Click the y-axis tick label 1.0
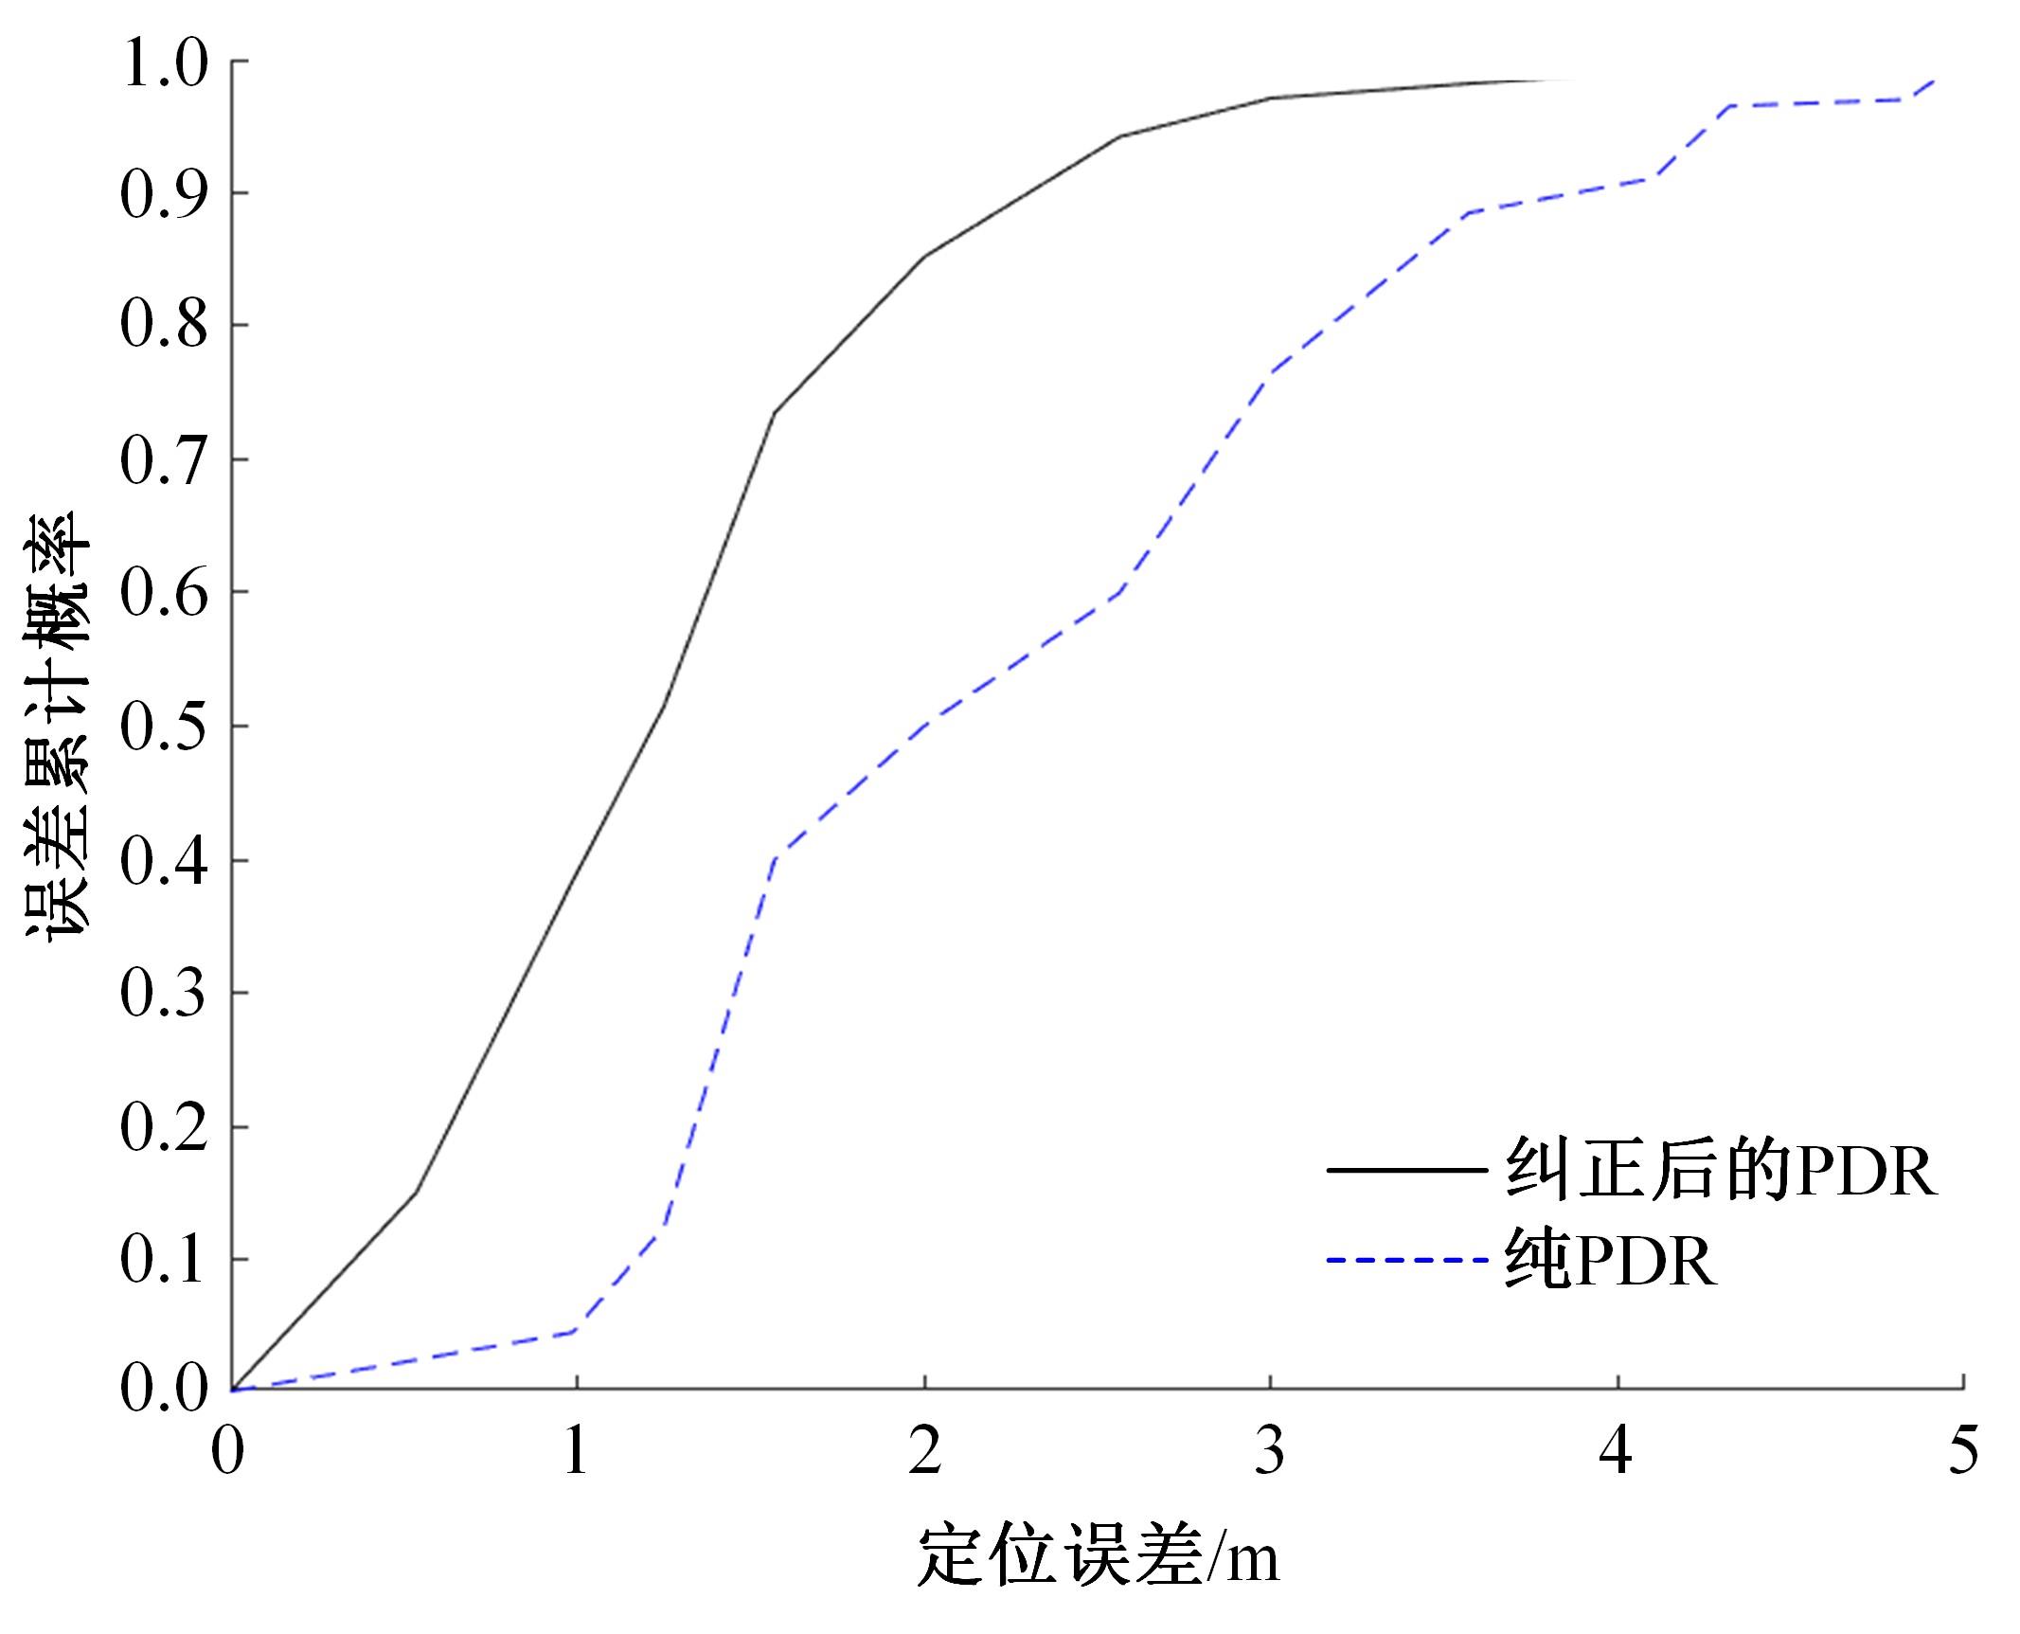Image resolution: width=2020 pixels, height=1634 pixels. coord(164,63)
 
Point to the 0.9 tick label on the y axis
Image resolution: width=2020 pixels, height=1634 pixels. coord(164,194)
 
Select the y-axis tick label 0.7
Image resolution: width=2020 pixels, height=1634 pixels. coord(164,461)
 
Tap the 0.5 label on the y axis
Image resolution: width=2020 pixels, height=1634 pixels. coord(164,727)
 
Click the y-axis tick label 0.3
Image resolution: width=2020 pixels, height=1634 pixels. coord(164,994)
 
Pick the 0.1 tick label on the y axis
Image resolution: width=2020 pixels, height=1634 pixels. coord(164,1261)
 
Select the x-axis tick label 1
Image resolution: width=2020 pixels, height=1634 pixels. coord(576,1450)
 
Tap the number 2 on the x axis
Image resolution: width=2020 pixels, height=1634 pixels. coord(924,1450)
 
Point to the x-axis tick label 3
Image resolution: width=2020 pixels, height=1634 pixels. coord(1270,1450)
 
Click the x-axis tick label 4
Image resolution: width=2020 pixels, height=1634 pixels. coord(1617,1450)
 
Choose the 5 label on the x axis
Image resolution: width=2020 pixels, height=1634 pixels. coord(1963,1450)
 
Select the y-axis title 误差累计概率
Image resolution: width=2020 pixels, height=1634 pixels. coord(57,725)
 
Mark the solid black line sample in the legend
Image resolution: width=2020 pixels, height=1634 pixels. coord(1404,1171)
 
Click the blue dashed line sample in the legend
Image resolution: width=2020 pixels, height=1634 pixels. coord(1404,1260)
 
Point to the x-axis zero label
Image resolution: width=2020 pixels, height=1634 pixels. coord(227,1450)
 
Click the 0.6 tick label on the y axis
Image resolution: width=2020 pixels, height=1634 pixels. coord(164,594)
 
